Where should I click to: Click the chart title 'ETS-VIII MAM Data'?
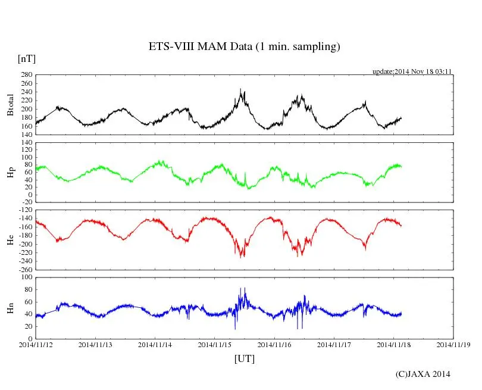click(244, 47)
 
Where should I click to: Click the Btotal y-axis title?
click(10, 104)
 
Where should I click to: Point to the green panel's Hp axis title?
click(10, 172)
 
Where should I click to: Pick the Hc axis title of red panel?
click(10, 239)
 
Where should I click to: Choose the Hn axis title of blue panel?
click(10, 308)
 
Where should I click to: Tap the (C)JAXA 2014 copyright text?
click(423, 374)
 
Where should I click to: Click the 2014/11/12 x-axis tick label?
click(36, 344)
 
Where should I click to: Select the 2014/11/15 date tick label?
click(215, 344)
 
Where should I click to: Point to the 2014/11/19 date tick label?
click(454, 344)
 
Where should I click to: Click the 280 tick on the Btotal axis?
click(26, 75)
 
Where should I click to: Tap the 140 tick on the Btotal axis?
click(26, 135)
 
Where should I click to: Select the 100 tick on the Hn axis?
click(26, 277)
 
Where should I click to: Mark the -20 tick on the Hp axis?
click(26, 202)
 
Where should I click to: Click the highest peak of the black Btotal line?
click(240, 89)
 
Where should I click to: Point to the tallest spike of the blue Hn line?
click(244, 288)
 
